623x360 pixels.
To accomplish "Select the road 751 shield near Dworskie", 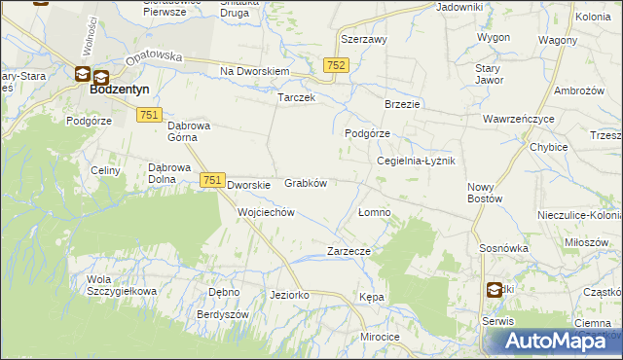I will (x=213, y=180).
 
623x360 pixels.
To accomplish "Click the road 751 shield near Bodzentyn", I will (x=149, y=115).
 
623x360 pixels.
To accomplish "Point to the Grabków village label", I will (x=305, y=183).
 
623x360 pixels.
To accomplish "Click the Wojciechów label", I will (x=266, y=212).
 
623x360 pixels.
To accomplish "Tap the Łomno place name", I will (x=375, y=212).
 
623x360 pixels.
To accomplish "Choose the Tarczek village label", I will (x=296, y=99).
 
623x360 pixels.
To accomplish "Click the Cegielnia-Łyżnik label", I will (x=416, y=161).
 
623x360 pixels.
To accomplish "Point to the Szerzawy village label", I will (x=364, y=40).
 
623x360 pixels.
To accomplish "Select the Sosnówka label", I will (x=503, y=249).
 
